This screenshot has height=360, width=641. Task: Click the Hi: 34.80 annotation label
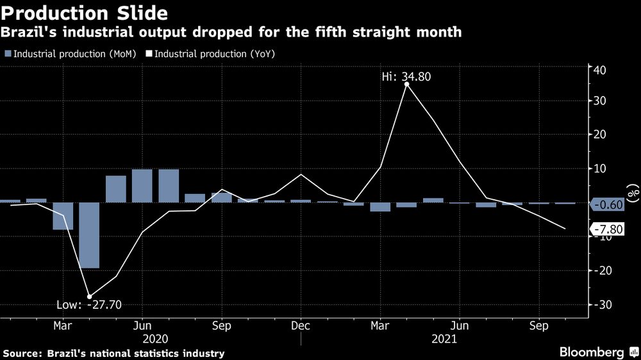click(x=407, y=76)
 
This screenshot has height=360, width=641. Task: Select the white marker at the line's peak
click(x=407, y=84)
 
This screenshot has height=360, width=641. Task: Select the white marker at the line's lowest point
click(x=89, y=296)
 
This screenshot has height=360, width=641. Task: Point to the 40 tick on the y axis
click(x=600, y=69)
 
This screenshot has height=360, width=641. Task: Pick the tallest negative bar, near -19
click(x=89, y=235)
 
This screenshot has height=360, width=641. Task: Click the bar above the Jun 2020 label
click(x=142, y=186)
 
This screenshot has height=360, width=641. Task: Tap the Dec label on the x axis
click(x=301, y=325)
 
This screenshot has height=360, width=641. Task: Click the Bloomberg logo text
click(x=592, y=352)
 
